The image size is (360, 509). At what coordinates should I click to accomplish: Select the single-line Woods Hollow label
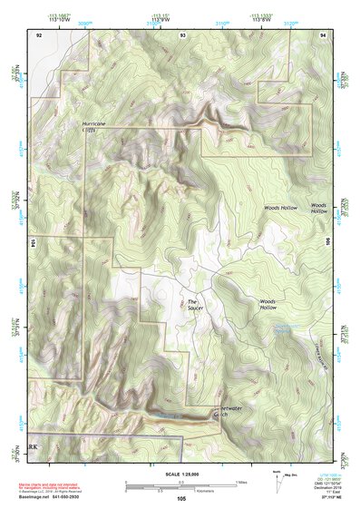pos(280,208)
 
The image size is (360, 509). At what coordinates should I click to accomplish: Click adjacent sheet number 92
pos(39,34)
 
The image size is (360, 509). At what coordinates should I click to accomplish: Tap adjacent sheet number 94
pos(323,34)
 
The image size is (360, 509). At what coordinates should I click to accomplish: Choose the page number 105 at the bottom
pos(180,499)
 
